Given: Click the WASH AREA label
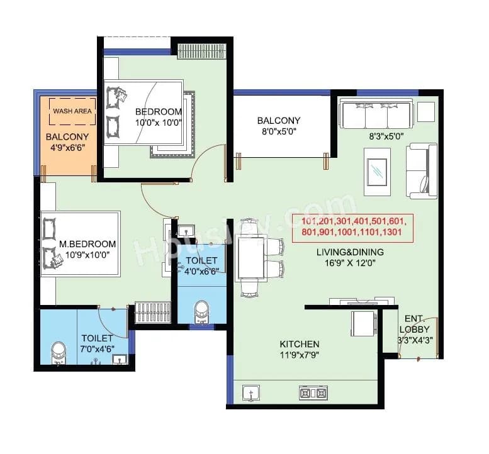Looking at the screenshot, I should point(72,111).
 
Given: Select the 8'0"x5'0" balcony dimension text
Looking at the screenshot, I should point(278,132).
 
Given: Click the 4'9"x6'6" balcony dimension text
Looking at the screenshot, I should point(65,148).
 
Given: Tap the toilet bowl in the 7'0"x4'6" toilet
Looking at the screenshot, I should point(58,353).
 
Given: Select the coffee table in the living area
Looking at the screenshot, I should point(377,168).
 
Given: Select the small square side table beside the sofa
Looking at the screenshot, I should point(425,111).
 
